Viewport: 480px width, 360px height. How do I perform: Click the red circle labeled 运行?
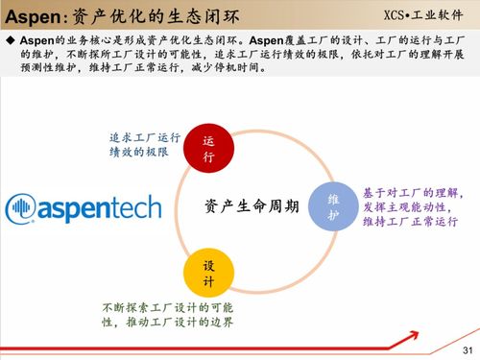tap(208, 148)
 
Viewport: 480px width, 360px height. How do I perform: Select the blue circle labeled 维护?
tap(332, 206)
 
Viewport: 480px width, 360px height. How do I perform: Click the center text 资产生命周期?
tap(251, 206)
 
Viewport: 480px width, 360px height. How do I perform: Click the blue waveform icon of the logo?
tap(22, 207)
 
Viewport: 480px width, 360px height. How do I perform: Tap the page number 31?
tap(468, 348)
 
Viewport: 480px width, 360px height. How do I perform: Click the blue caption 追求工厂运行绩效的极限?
tap(144, 143)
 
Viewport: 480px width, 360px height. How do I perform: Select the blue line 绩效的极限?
tap(140, 152)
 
